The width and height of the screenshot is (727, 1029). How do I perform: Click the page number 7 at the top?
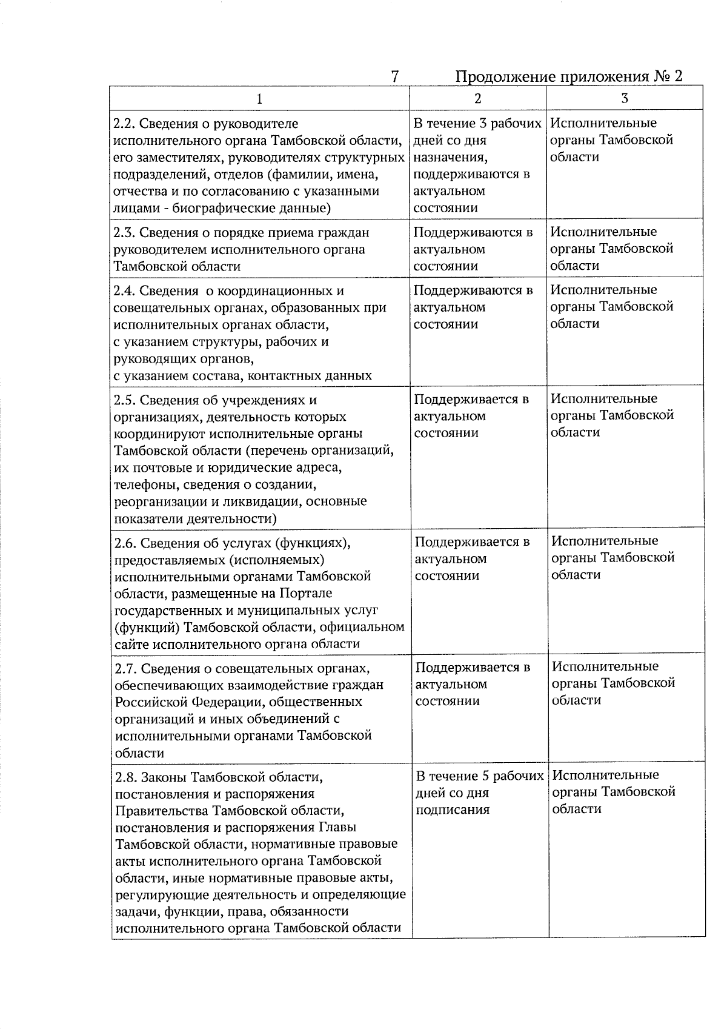tap(394, 76)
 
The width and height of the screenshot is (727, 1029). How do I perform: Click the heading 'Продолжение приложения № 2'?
tap(568, 76)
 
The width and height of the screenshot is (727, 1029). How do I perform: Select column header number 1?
tap(260, 98)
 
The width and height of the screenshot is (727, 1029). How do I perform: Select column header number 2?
tap(477, 98)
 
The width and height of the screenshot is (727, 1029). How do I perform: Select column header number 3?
tap(625, 98)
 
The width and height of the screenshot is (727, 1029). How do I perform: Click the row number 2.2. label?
tap(125, 124)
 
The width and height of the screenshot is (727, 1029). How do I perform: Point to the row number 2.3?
tap(125, 233)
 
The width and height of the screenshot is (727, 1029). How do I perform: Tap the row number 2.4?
tap(125, 291)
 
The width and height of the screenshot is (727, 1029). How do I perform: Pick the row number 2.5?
tap(125, 400)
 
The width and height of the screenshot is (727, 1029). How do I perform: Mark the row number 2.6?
tap(126, 542)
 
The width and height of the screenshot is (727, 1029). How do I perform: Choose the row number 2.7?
tap(126, 668)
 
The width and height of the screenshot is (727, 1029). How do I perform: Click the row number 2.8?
tap(126, 777)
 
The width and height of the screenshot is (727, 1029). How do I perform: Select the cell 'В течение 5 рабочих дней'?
tap(479, 784)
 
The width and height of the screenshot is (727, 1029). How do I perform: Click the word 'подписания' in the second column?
tap(452, 810)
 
